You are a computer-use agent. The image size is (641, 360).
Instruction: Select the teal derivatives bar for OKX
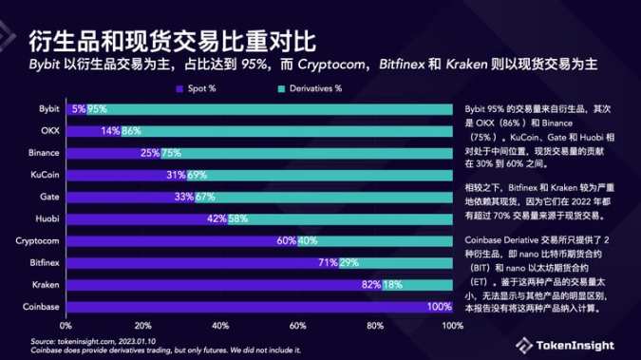pos(294,131)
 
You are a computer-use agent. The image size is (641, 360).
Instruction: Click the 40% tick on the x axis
pos(220,326)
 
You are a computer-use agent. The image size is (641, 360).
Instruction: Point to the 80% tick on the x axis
pos(376,326)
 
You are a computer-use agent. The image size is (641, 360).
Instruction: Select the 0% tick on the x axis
pos(66,326)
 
